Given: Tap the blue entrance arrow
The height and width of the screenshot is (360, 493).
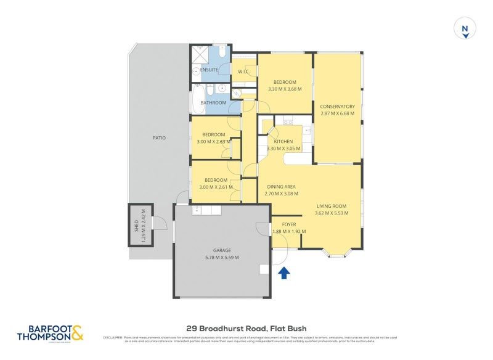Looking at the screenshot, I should [x=284, y=272].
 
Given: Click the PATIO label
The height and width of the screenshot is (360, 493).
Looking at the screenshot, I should [x=159, y=137].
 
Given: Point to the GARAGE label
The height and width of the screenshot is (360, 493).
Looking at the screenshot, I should [x=222, y=250].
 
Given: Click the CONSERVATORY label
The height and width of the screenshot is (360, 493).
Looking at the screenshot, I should [x=337, y=106].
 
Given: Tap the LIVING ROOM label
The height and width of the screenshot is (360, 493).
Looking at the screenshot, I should [x=332, y=206].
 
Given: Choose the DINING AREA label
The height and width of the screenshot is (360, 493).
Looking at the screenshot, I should [x=281, y=187].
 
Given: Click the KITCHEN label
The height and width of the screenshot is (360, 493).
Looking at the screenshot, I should [x=283, y=141].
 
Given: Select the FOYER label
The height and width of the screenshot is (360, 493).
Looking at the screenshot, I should [x=289, y=224].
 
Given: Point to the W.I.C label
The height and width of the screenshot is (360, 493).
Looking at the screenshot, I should [x=243, y=72].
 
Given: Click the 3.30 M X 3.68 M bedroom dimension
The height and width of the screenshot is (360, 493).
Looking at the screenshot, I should [x=284, y=89].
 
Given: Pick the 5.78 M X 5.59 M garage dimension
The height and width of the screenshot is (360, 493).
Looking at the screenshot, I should [x=222, y=258].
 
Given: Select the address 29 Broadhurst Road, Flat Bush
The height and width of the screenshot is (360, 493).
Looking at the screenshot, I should [x=246, y=329].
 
